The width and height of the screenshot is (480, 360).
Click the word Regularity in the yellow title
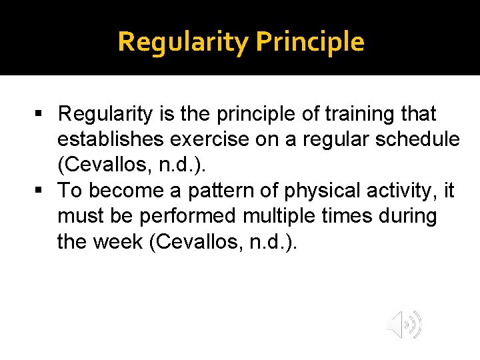(183, 42)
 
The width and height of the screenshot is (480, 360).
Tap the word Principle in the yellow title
(310, 42)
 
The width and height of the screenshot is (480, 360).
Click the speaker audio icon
(405, 325)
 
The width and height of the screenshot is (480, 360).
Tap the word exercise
(205, 140)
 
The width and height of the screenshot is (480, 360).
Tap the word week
(120, 242)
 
